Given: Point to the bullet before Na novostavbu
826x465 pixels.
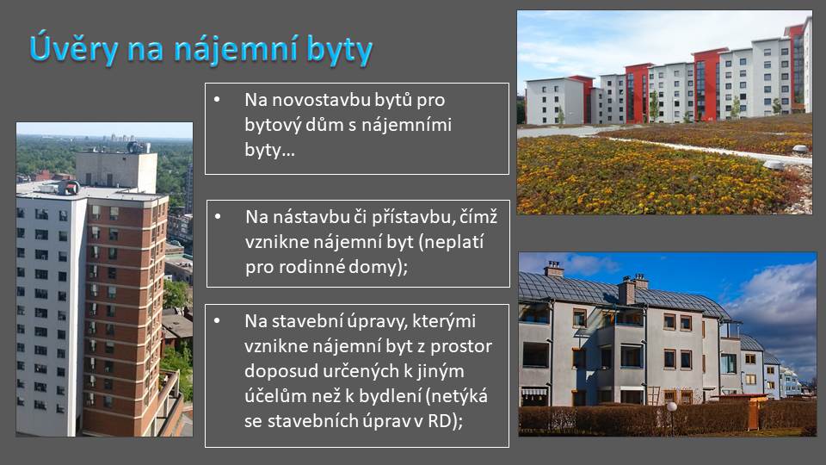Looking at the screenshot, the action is (x=217, y=98).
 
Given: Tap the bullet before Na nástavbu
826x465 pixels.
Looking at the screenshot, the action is (x=218, y=216).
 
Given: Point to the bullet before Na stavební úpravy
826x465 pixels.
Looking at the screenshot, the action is (x=217, y=320).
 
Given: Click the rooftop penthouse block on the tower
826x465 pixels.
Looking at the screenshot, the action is (x=116, y=171).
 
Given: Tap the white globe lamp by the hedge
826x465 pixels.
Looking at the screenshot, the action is (x=672, y=406).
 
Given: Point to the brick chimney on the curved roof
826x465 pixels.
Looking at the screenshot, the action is (x=626, y=292).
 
